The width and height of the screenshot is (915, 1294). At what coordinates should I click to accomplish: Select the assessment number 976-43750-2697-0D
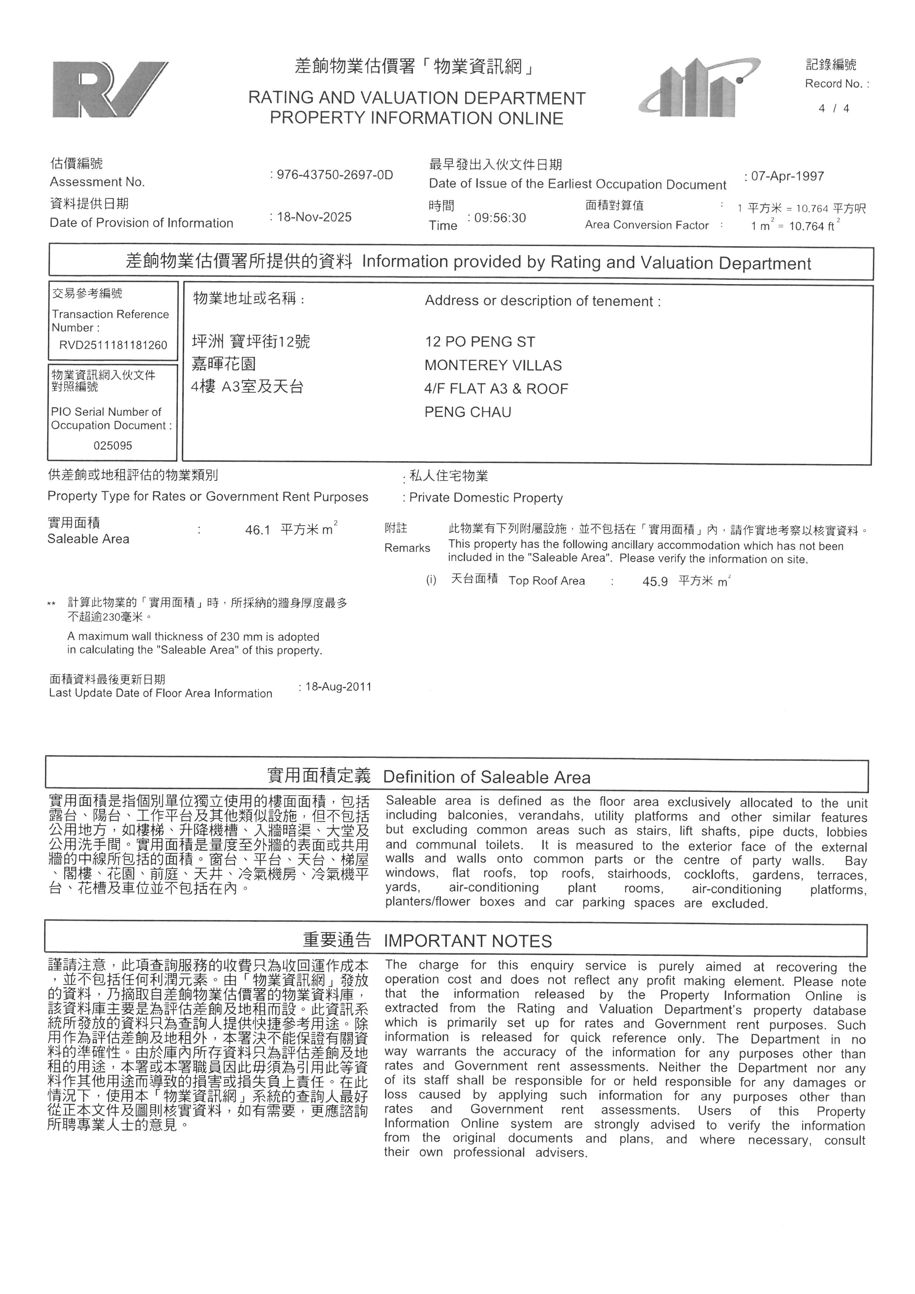[x=335, y=175]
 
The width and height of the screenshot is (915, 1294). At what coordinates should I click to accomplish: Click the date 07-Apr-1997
[x=787, y=176]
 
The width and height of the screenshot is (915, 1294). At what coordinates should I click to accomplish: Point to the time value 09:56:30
[x=500, y=218]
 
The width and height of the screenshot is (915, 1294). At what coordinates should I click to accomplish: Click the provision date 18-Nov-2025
[x=314, y=217]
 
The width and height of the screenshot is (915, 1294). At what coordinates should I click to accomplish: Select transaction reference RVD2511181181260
[x=113, y=345]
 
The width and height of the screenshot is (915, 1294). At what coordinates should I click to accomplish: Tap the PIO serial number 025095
[x=113, y=446]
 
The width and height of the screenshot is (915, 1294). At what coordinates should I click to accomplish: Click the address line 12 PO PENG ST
[x=480, y=342]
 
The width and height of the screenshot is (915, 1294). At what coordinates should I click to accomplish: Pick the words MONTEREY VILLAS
[x=493, y=365]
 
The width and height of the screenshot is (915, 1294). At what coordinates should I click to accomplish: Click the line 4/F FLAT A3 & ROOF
[x=496, y=389]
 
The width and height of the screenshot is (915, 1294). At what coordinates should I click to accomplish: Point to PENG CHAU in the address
[x=467, y=412]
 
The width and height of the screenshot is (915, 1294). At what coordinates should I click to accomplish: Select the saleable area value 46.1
[x=258, y=530]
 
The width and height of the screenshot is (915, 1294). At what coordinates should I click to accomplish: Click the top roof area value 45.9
[x=655, y=582]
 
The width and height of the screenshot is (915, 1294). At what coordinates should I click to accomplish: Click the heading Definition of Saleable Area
[x=487, y=777]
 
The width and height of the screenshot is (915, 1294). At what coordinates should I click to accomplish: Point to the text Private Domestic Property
[x=486, y=498]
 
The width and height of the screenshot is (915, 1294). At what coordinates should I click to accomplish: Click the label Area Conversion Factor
[x=646, y=225]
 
